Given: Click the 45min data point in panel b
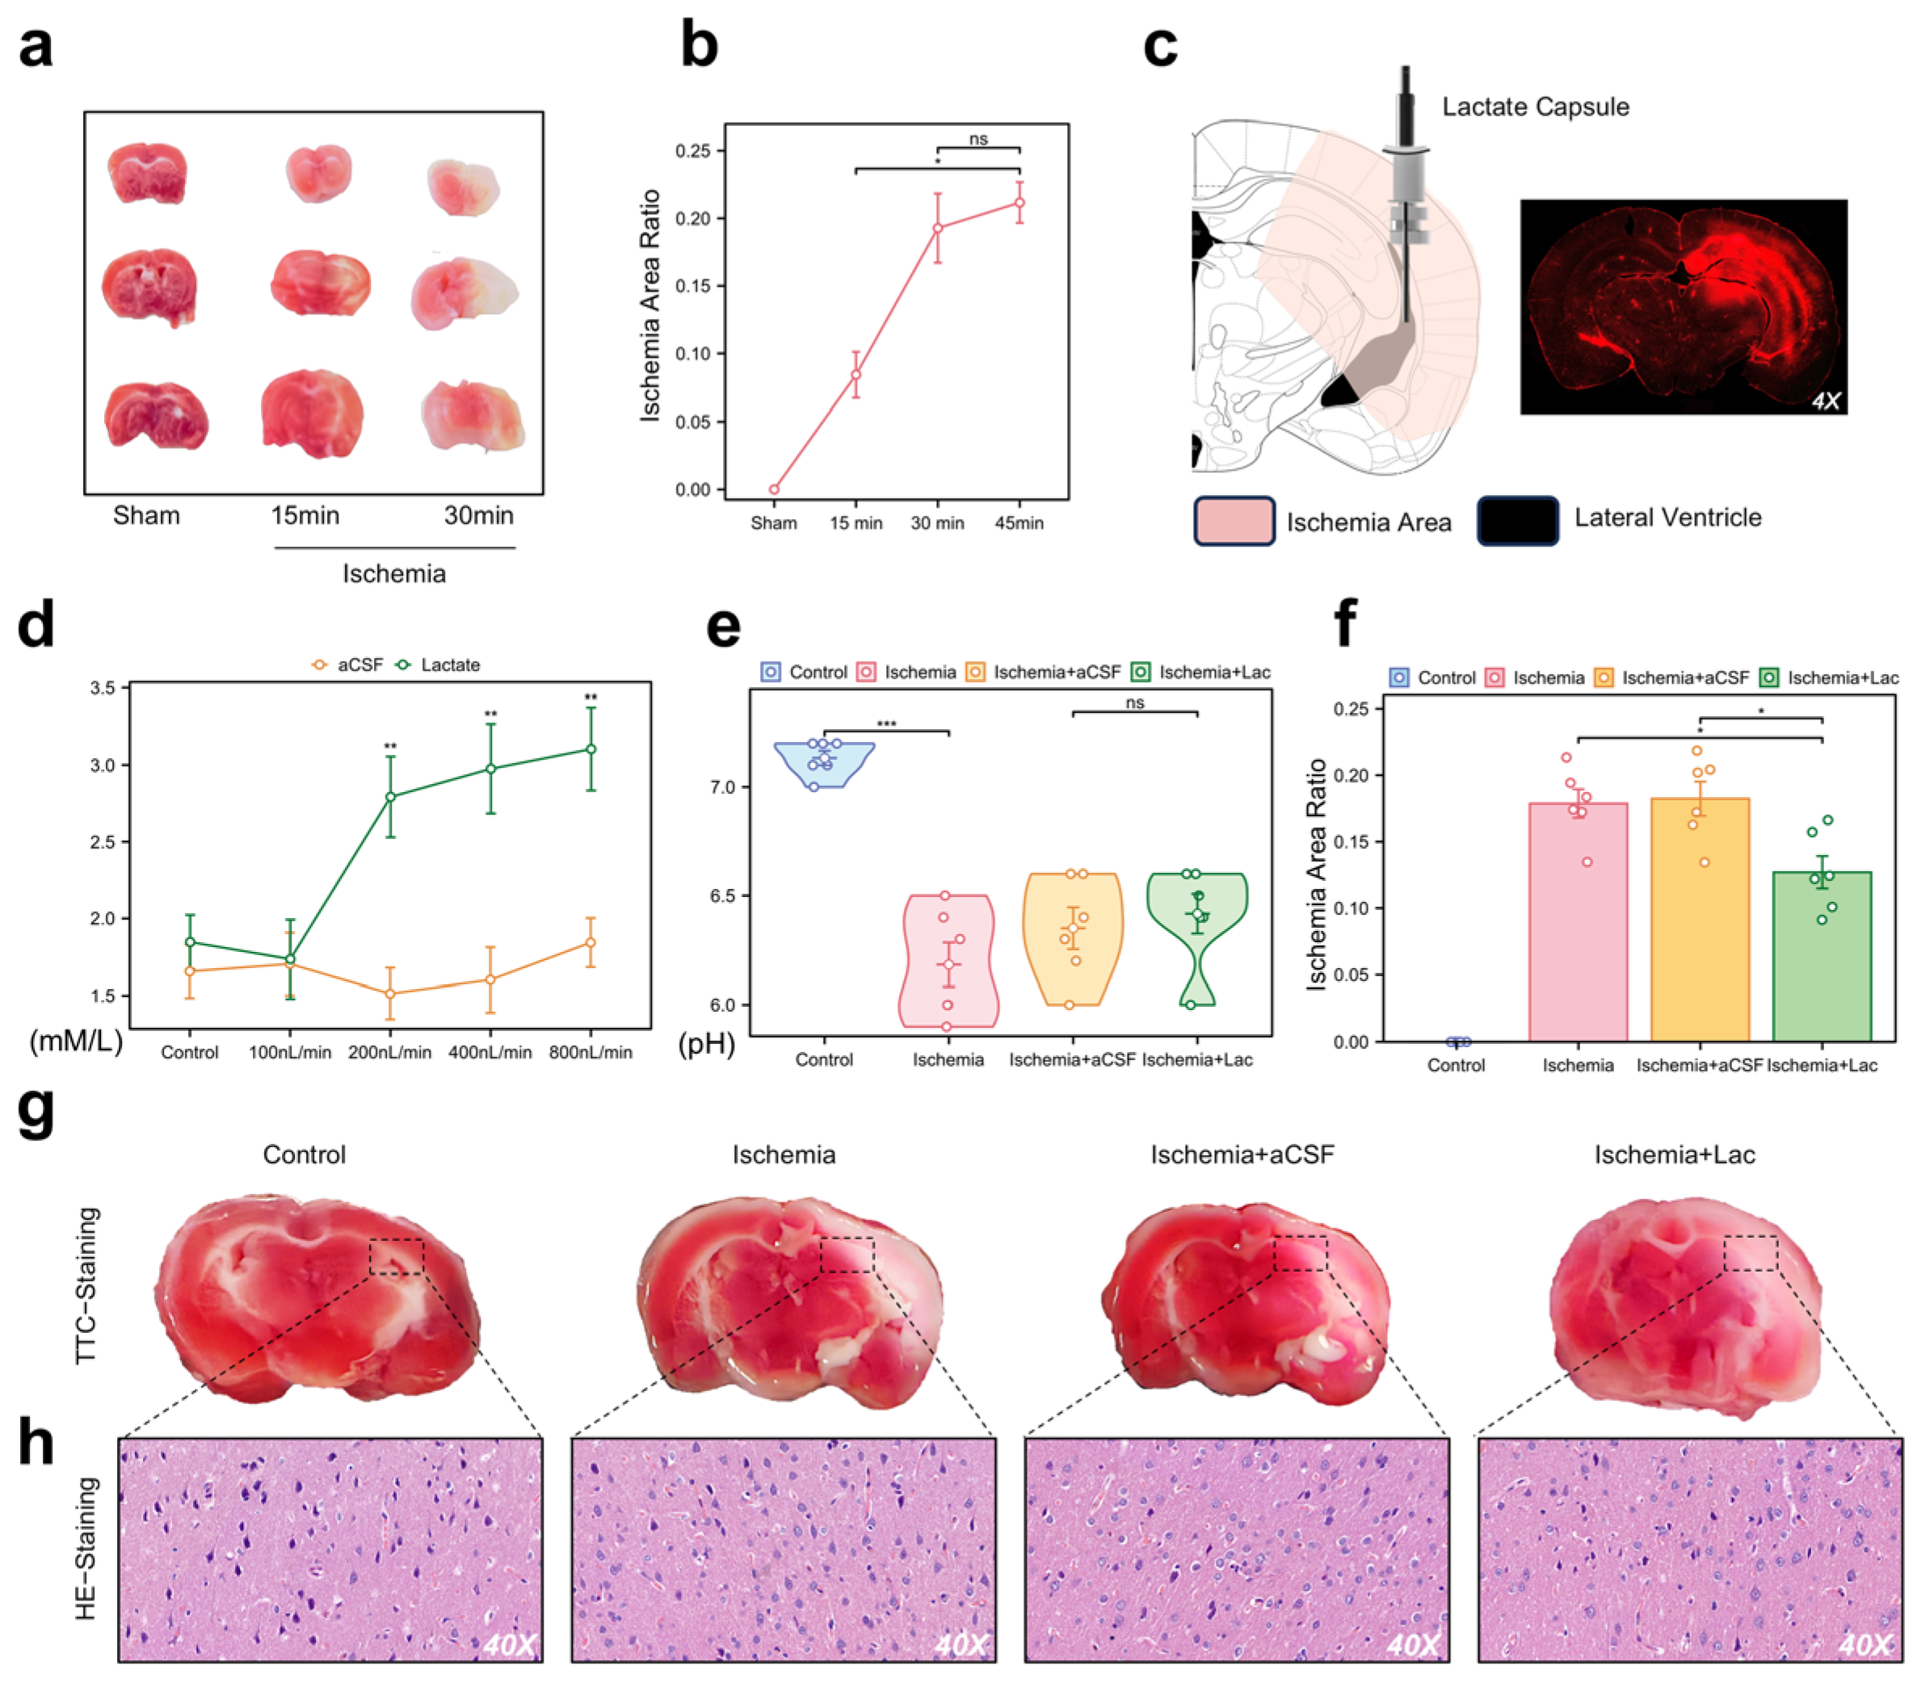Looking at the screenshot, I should click(1019, 203).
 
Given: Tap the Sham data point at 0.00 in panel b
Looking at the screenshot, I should click(774, 489).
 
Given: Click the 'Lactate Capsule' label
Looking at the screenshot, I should click(1535, 107).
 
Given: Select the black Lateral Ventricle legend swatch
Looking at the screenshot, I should click(1516, 520).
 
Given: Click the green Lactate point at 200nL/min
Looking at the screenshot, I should click(390, 797).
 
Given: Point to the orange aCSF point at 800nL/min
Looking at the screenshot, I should click(590, 942).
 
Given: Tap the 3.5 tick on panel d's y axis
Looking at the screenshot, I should click(103, 688).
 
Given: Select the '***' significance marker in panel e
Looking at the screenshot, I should click(885, 723).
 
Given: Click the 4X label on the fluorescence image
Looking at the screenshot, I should click(1825, 401).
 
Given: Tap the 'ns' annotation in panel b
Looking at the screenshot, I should click(978, 139).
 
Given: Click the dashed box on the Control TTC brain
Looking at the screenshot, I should click(396, 1256).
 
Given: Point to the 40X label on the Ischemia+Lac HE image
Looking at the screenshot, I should click(1864, 1645).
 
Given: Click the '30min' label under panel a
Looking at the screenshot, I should click(478, 516).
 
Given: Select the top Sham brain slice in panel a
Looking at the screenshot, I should click(148, 174).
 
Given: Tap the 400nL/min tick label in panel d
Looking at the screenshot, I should click(490, 1052).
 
